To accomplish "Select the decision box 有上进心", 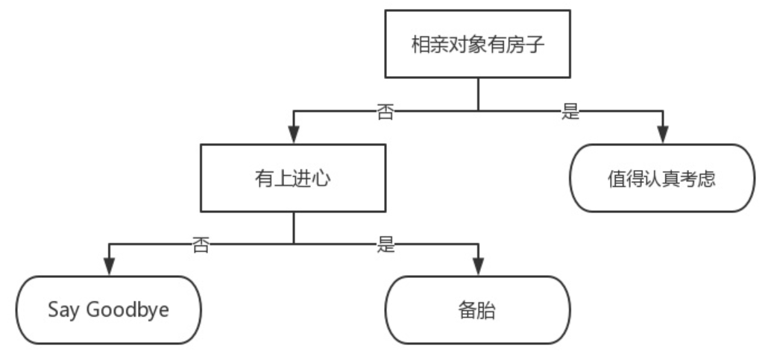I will [292, 178].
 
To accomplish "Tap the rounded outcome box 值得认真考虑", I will [662, 179].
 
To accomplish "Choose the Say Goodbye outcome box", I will [109, 309].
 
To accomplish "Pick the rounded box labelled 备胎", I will [477, 310].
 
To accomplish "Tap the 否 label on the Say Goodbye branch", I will [201, 244].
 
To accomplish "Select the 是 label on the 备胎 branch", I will [385, 244].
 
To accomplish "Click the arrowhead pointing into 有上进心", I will [292, 136].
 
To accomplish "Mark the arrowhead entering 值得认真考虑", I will [662, 136].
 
